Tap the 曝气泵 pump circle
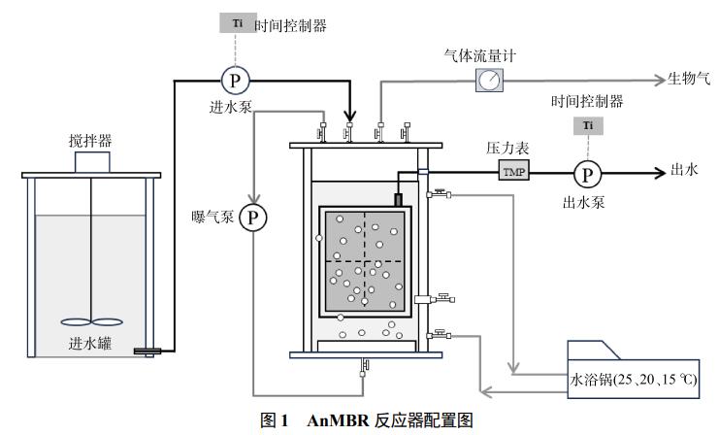[253, 217]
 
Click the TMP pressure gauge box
[511, 172]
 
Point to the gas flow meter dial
[489, 81]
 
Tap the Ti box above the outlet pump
[587, 127]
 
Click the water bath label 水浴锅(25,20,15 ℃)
[634, 376]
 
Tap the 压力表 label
[506, 151]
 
